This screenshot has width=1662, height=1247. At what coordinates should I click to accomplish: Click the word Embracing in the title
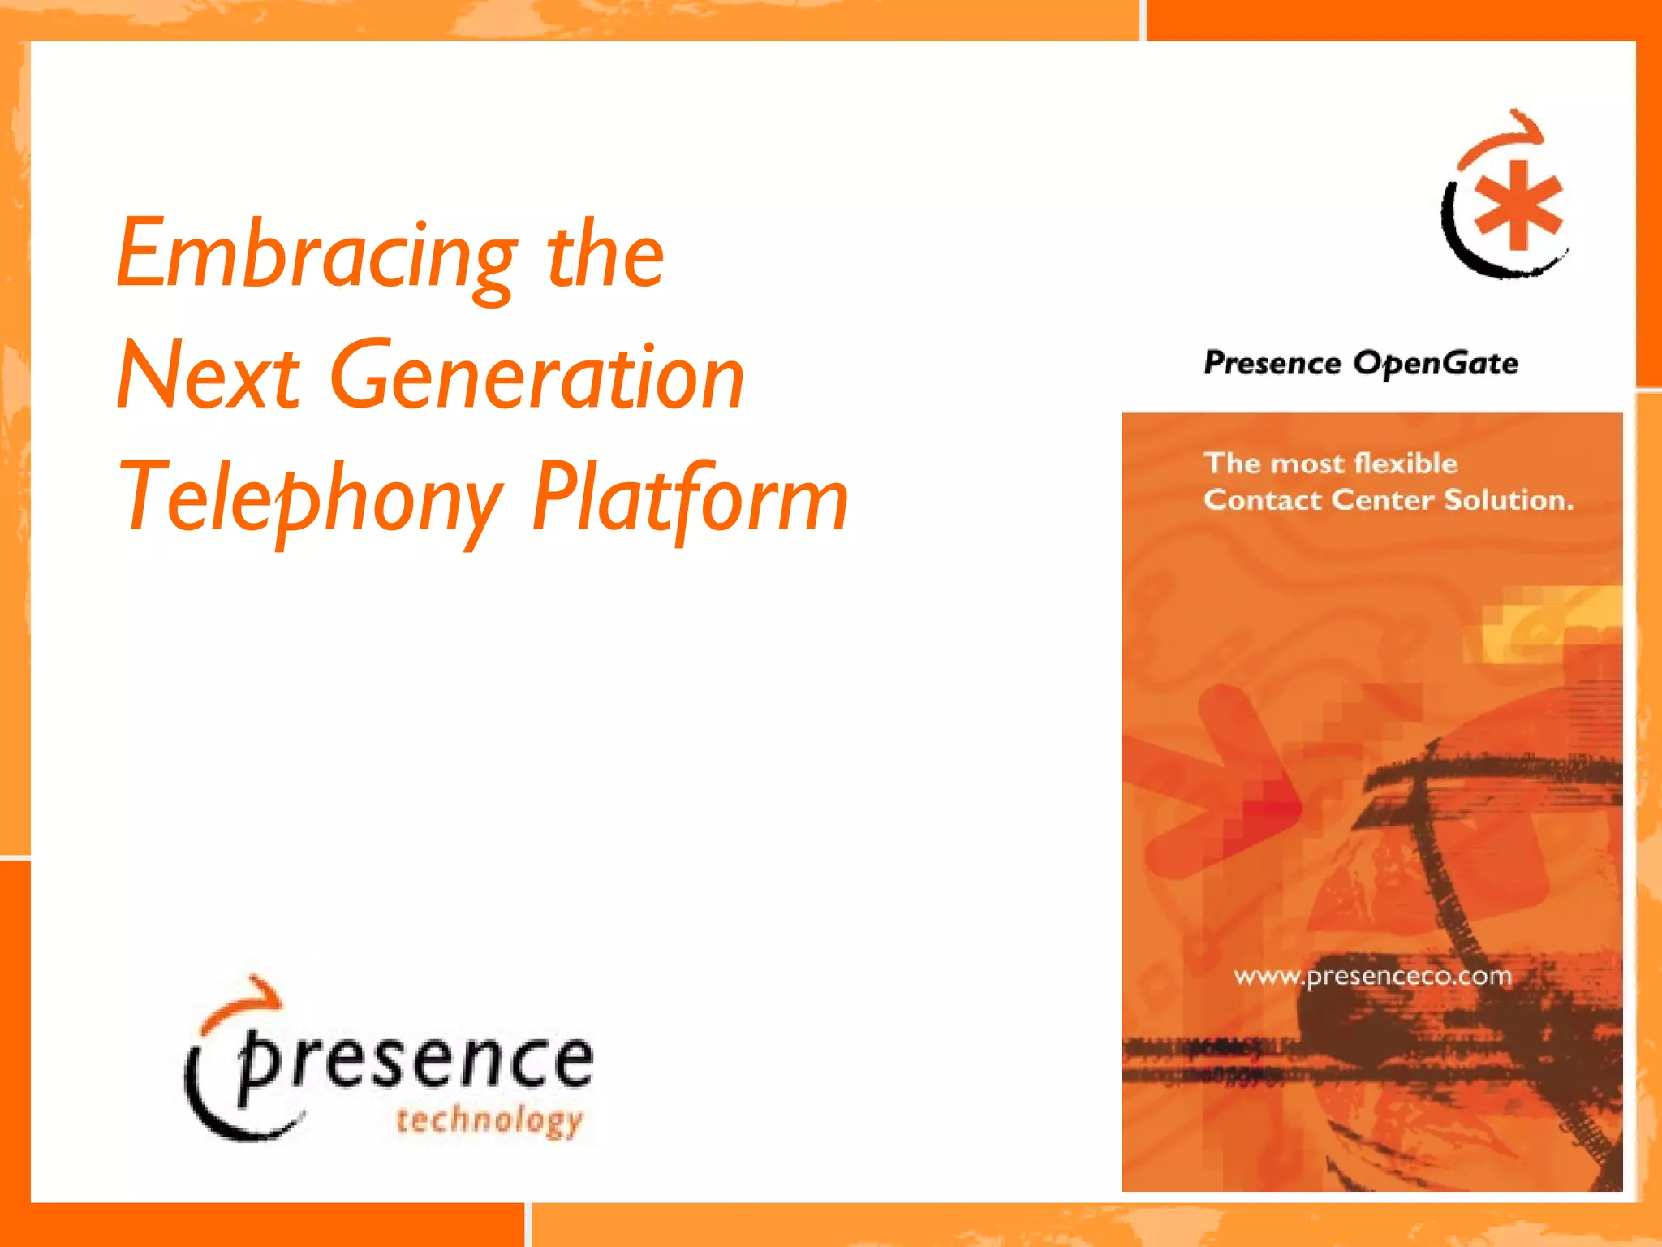tap(316, 256)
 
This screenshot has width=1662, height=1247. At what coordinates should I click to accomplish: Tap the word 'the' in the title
tap(605, 256)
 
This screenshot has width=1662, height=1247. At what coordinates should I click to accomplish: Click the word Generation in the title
tap(537, 376)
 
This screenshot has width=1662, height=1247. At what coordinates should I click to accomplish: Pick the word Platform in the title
tap(690, 497)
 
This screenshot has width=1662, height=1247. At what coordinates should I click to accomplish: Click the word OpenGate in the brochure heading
tap(1436, 363)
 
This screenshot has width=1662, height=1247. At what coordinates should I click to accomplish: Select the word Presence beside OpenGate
tap(1272, 363)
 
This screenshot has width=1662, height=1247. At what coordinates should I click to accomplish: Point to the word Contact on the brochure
tap(1263, 499)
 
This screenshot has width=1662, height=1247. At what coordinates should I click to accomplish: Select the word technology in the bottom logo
tap(489, 1121)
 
